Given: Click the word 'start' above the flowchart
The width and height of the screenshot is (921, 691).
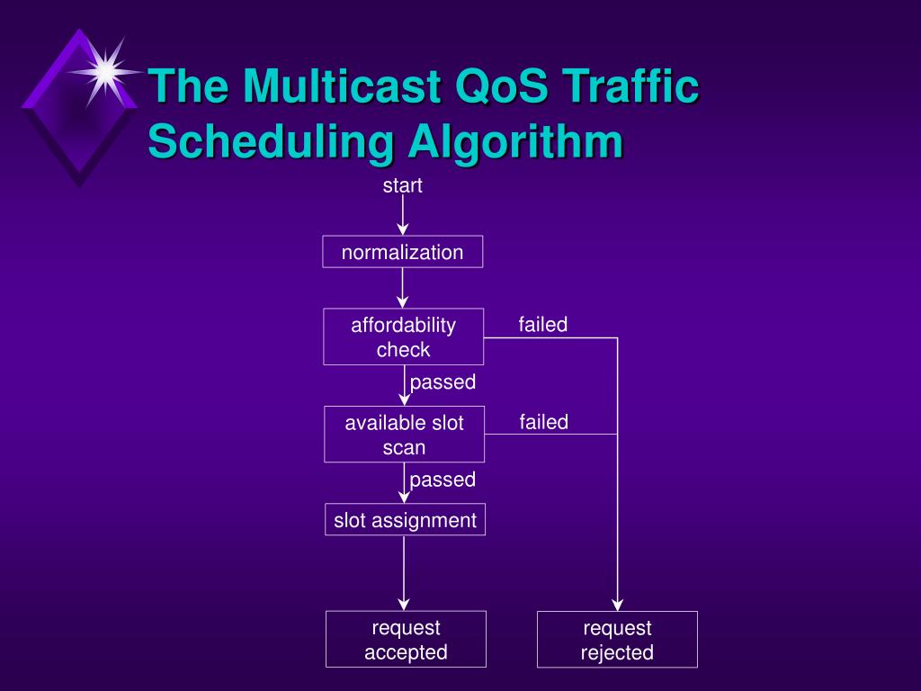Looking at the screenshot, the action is (x=402, y=186).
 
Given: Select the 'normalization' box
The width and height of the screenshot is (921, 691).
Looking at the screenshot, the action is (x=402, y=252).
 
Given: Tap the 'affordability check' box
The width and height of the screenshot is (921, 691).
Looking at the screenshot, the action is (x=403, y=337).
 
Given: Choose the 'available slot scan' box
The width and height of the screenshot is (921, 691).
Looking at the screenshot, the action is (x=404, y=435).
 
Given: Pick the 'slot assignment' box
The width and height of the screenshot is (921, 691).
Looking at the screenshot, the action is (x=405, y=520).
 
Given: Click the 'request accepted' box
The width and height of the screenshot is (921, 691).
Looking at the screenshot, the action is (x=406, y=640).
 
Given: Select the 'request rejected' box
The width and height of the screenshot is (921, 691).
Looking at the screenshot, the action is (x=617, y=640).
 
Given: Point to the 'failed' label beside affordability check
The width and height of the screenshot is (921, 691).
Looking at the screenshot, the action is (x=543, y=325).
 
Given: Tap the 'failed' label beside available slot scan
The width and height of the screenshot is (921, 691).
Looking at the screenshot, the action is (x=543, y=422).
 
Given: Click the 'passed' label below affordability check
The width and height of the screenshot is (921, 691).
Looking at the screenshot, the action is (x=443, y=382).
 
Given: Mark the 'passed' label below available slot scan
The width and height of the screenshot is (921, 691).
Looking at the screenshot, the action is (x=443, y=480).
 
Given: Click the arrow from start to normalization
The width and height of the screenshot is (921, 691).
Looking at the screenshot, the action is (x=403, y=215).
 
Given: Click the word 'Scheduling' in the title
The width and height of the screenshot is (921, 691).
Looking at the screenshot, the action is (x=271, y=141).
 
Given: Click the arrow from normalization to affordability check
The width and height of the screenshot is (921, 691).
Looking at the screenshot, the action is (x=403, y=287).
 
